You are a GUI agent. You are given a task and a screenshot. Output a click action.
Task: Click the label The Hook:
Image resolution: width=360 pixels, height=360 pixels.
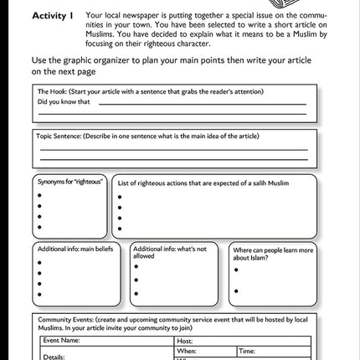click(58, 90)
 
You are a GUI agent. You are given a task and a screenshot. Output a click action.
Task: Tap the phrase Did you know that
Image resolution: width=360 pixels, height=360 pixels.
click(64, 102)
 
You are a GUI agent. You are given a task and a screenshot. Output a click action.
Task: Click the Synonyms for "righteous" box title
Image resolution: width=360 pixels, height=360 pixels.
click(69, 181)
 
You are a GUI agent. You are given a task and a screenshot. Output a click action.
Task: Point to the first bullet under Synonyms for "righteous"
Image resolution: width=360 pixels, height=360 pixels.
click(39, 194)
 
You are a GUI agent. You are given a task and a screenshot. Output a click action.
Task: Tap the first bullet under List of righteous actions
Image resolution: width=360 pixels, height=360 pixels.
click(120, 198)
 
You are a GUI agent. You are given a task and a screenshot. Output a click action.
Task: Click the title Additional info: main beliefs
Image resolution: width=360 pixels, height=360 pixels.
click(77, 248)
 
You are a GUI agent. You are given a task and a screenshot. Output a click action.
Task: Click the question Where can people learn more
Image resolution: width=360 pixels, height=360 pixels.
click(273, 249)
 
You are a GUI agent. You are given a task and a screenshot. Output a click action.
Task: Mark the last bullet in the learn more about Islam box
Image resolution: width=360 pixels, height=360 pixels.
click(236, 291)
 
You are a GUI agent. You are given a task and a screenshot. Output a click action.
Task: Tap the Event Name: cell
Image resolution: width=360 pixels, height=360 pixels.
click(62, 341)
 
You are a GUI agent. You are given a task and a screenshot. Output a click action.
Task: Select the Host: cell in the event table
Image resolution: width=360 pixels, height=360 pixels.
click(185, 341)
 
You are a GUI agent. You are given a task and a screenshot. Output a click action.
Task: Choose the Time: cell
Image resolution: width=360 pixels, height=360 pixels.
click(247, 352)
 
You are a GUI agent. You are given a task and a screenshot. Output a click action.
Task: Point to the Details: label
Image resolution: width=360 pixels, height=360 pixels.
click(54, 357)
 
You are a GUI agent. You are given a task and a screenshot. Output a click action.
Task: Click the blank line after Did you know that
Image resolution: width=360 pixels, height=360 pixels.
click(201, 104)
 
